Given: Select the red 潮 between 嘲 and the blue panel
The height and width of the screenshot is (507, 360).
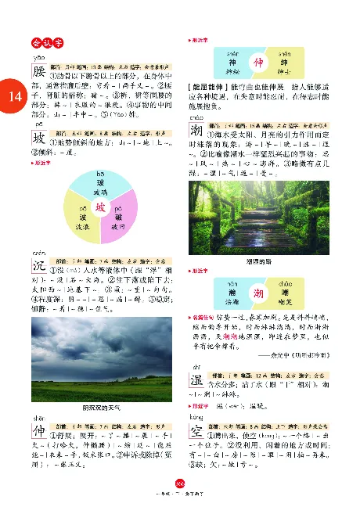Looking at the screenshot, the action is point(256,291).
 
